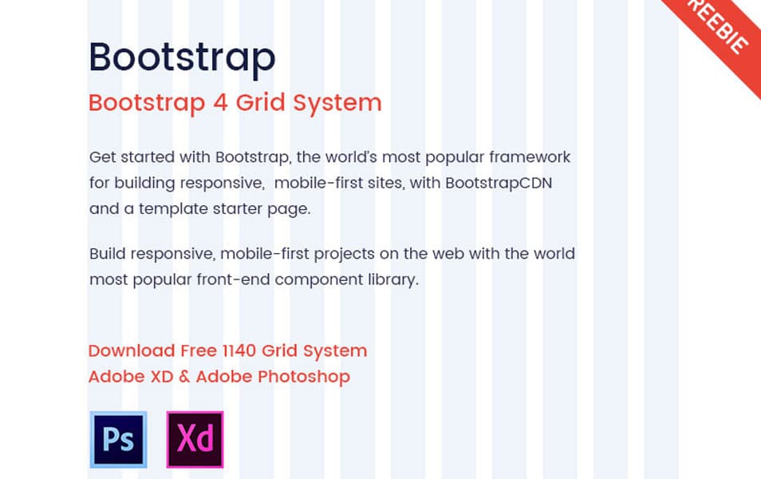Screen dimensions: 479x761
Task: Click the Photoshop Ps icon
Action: point(118,439)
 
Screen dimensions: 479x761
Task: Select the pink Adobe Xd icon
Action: point(195,439)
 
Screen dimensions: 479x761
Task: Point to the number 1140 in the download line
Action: point(242,351)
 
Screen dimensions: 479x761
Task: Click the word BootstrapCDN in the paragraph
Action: point(499,183)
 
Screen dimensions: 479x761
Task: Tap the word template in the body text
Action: point(173,209)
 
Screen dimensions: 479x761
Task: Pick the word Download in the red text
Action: point(131,351)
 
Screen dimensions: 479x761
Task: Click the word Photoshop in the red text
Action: point(310,377)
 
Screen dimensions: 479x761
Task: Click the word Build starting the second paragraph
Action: point(107,255)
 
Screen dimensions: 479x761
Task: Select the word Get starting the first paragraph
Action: point(102,157)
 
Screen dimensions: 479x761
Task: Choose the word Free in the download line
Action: point(198,351)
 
